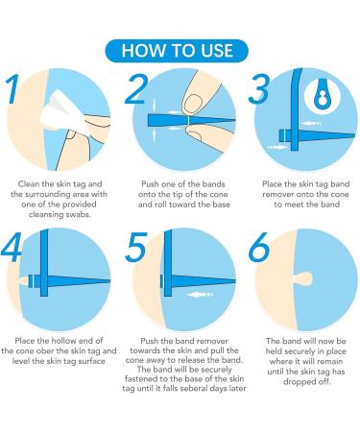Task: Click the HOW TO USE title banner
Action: pos(177,51)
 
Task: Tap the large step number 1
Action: pos(13,89)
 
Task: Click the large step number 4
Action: pos(12,246)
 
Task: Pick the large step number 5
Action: pos(136,247)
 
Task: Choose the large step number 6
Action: pos(259,247)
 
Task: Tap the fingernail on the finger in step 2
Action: pos(194,104)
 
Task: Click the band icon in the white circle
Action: pos(322,95)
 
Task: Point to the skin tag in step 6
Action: pos(302,278)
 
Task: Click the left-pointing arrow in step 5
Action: pos(200,294)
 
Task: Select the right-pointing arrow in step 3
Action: pos(277,147)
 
